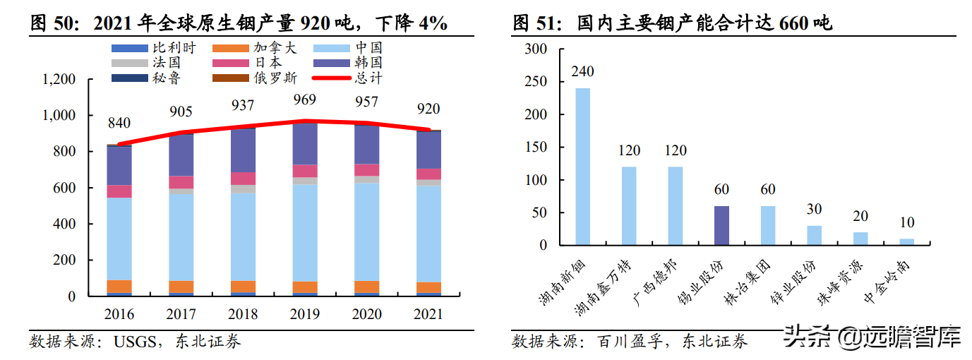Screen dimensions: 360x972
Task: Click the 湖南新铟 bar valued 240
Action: tap(582, 167)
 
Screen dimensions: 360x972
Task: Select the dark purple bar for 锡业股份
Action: tap(721, 226)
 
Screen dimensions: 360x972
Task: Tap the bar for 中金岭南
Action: tap(906, 242)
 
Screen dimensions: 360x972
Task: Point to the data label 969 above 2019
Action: tap(305, 99)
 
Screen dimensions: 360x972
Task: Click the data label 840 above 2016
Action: tap(119, 124)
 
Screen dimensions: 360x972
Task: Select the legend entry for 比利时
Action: tap(154, 49)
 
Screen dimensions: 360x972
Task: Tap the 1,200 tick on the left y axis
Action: tap(59, 79)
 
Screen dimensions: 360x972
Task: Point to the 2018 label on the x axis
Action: tap(244, 314)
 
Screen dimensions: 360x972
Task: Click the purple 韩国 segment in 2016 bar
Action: tap(119, 165)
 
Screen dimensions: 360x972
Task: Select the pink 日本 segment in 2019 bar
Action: tap(305, 171)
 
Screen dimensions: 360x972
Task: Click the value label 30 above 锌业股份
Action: tap(814, 210)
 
